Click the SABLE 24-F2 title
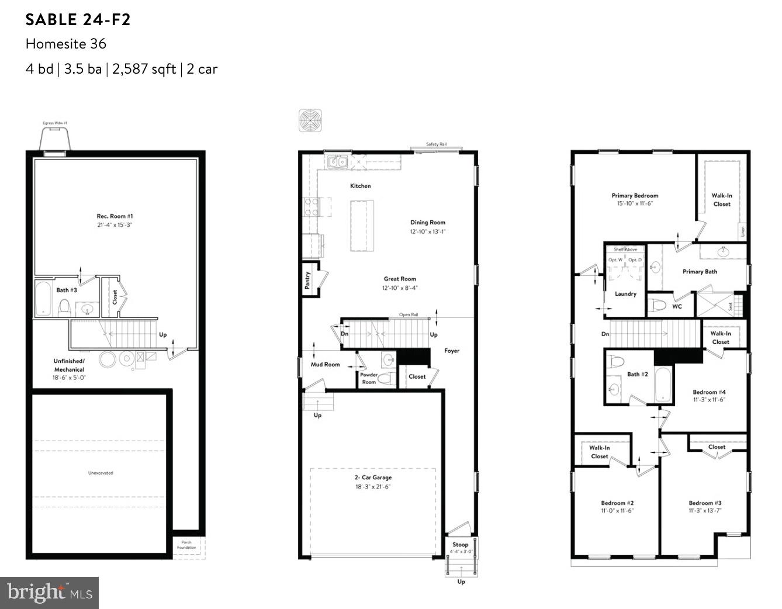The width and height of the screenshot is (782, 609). pos(78,20)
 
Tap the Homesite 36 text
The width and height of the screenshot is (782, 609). pos(65,44)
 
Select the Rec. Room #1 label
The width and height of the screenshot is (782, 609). pos(115,216)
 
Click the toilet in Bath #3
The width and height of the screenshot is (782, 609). pos(65,306)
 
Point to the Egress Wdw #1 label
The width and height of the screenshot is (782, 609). pos(55,123)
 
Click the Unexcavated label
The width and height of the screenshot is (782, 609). pos(101,473)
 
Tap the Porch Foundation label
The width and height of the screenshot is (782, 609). pos(186,545)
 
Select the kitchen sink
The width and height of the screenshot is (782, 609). pos(337,161)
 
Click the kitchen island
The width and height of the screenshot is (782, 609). pos(362,226)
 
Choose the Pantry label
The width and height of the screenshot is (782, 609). pos(307,280)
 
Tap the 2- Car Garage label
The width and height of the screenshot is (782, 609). pos(373,477)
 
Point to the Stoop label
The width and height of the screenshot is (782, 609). pos(460,545)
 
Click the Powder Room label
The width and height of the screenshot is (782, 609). pos(369,378)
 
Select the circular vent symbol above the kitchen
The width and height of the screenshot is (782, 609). pos(310,120)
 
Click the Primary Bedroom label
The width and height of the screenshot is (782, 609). pos(635,196)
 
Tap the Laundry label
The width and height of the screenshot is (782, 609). pos(625,294)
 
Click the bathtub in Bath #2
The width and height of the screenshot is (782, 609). pos(664,383)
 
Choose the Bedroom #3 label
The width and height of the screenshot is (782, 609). pos(705,503)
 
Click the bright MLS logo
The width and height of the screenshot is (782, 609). pos(50,593)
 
